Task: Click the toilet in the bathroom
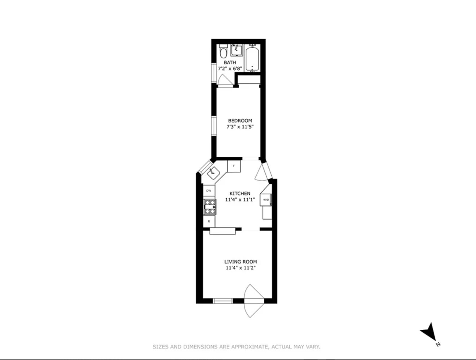223,52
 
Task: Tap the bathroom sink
236,50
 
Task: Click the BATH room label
230,63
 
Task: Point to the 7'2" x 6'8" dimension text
230,68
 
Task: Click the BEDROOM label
240,121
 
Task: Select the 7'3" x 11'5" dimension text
240,127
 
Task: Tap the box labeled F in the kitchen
234,166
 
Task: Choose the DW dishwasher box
209,191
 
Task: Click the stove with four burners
210,207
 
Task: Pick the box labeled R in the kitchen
209,221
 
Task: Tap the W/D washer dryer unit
266,199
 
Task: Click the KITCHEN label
240,194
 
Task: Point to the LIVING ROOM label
241,262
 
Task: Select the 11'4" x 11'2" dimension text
241,268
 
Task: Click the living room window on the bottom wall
223,301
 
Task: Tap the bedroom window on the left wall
214,125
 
